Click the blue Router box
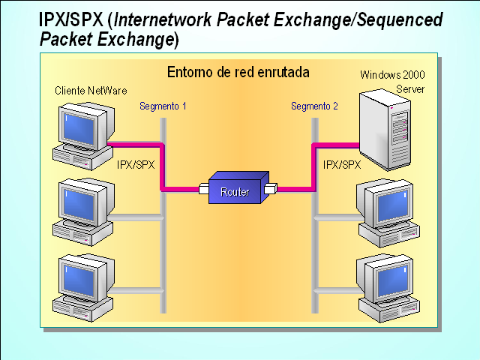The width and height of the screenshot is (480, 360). click(x=235, y=190)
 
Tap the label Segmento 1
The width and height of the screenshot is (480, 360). click(x=163, y=106)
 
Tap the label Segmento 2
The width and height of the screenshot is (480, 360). click(x=314, y=106)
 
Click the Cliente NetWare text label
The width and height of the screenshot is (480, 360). click(x=85, y=90)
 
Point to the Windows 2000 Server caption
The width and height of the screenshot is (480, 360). click(x=387, y=82)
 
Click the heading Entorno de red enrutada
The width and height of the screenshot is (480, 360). click(x=238, y=73)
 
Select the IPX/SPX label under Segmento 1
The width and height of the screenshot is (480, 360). click(x=136, y=164)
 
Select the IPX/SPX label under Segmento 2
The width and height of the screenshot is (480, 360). click(x=341, y=164)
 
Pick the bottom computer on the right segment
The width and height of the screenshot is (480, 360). click(x=387, y=288)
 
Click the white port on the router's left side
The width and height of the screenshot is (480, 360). click(x=204, y=189)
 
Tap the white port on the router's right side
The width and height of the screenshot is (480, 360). click(x=271, y=187)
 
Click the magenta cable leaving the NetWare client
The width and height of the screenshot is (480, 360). click(x=135, y=143)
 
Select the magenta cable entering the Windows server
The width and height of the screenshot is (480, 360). click(x=334, y=144)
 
